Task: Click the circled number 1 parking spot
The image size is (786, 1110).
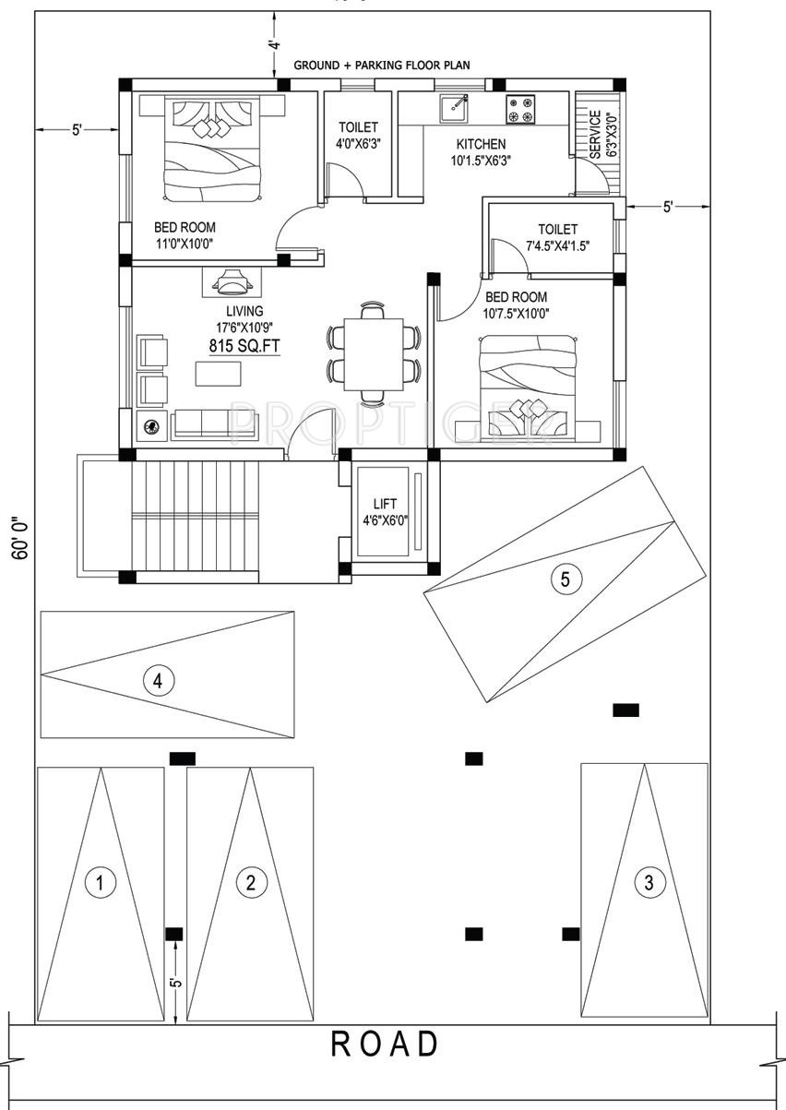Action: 100,882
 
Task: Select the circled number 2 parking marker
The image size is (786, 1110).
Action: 250,882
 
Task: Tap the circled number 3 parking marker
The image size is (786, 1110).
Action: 649,882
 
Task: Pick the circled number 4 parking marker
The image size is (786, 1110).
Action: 159,681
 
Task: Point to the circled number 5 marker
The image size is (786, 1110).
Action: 566,579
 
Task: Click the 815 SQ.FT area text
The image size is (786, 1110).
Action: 244,347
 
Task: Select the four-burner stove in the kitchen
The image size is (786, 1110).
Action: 519,110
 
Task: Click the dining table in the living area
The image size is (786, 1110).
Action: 374,354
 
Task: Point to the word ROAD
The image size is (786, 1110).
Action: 385,1044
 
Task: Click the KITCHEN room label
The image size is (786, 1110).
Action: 481,144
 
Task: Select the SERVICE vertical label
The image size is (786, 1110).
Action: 595,135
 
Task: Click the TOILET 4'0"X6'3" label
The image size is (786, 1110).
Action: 358,135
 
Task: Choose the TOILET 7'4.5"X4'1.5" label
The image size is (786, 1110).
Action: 557,237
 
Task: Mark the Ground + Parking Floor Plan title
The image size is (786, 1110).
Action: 382,66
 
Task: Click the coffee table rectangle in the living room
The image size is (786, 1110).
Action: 218,374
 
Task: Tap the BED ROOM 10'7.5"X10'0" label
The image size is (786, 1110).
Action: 517,305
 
